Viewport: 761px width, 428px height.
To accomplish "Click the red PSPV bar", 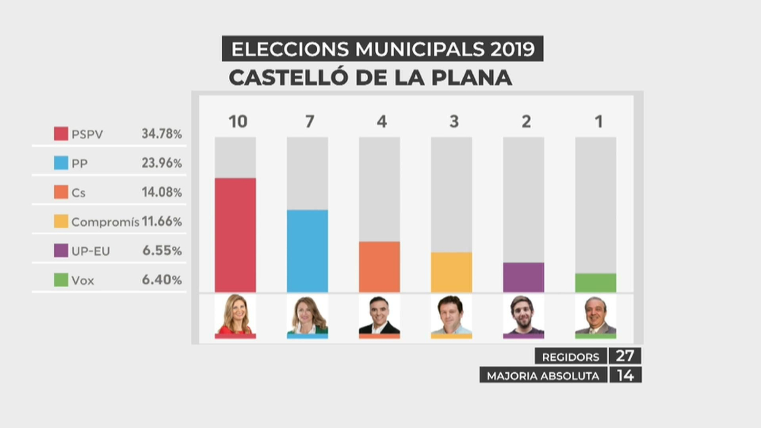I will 235,235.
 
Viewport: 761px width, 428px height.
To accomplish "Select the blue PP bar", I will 307,251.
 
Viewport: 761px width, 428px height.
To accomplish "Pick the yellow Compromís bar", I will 451,272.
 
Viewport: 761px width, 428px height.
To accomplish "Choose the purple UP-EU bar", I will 523,277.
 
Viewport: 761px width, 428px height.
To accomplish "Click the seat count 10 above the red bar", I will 238,122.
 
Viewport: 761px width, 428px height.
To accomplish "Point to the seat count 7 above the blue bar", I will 310,122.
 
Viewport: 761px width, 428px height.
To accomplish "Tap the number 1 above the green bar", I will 598,122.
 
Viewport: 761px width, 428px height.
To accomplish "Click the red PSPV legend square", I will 61,134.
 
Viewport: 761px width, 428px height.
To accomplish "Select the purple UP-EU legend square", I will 61,251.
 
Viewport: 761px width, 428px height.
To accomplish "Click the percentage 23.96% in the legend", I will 162,163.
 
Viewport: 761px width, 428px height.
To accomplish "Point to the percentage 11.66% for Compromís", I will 162,222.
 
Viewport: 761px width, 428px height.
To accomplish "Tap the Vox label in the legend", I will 83,281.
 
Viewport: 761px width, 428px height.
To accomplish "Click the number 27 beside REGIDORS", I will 625,356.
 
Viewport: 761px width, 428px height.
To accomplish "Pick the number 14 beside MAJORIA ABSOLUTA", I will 625,375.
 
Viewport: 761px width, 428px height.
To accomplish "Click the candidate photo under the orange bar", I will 379,315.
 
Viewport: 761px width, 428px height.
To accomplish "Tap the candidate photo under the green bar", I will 595,315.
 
